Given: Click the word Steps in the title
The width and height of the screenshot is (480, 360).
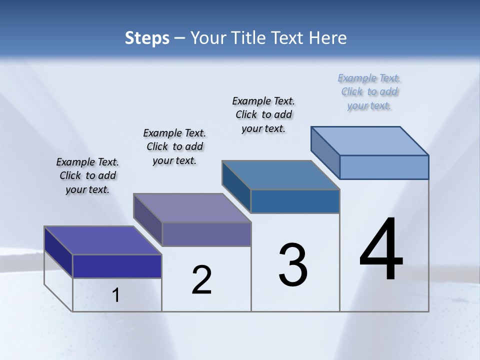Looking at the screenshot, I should coord(147,38).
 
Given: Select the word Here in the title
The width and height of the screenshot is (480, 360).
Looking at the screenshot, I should coord(327,38).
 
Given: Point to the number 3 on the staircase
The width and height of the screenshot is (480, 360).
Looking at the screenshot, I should coord(293,265).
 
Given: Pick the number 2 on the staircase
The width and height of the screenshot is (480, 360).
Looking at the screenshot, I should coord(202,280).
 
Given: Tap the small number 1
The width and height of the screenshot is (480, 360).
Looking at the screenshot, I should coord(116,295).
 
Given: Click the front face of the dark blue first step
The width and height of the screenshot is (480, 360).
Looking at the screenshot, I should coord(117,266).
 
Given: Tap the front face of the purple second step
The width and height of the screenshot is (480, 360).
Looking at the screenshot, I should coord(206,234).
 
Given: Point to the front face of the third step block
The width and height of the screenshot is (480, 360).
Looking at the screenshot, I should coord(295,201).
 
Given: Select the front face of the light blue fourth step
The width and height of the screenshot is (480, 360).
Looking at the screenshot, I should coord(384,167).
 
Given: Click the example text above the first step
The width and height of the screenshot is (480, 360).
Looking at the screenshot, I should coord(87,175).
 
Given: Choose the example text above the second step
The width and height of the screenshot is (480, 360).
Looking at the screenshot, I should coord(174,146).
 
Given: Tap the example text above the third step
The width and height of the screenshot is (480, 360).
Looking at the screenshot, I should coord(263,114).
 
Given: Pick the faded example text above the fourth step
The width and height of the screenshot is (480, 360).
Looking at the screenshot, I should coord(369,91).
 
